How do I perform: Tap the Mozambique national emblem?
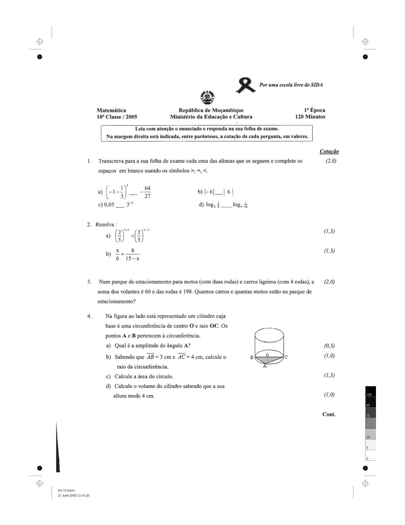pos(206,98)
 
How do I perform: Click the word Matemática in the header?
pos(111,110)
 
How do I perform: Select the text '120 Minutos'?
pos(310,117)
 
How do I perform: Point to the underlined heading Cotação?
pos(329,151)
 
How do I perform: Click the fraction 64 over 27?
pos(147,192)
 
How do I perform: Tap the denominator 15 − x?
pos(133,258)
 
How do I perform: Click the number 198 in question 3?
pos(188,292)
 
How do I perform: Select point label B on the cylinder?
pos(252,357)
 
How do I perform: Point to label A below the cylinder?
pos(265,366)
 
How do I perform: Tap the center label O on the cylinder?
pos(267,351)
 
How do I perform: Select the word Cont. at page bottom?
pos(329,414)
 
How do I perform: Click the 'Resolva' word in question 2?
pos(105,224)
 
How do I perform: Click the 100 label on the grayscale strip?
pos(369,394)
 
